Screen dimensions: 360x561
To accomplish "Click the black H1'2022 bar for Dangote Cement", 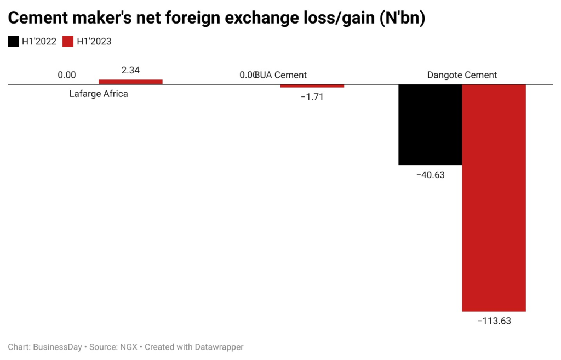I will coord(430,125).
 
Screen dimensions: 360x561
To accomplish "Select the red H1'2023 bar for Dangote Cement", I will coord(494,198).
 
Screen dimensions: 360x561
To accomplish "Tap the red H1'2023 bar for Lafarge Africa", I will coord(130,82).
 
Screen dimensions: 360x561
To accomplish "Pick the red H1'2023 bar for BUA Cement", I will coord(312,86).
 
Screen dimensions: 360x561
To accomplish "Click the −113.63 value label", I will coord(494,321).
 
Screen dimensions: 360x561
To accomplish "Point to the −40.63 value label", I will coord(430,175).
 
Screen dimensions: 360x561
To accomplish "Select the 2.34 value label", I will coord(130,71).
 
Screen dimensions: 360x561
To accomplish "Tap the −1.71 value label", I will coord(312,96).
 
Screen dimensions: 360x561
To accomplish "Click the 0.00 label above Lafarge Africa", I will coord(67,75).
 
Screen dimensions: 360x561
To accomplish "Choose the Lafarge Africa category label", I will coord(99,94).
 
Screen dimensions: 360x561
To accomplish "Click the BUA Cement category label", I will coord(282,75).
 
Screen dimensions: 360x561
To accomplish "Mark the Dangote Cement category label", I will coord(462,75).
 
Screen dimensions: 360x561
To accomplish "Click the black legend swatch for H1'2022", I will coord(13,41).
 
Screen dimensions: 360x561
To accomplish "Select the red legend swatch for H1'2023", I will coord(68,41).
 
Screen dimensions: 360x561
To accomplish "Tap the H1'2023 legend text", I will coord(94,41).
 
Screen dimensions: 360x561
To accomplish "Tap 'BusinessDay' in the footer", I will coord(58,347).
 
